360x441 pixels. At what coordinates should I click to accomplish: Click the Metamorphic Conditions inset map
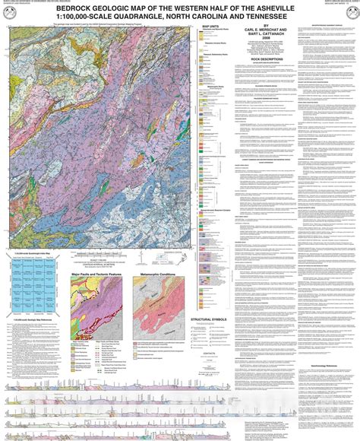click(x=161, y=304)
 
